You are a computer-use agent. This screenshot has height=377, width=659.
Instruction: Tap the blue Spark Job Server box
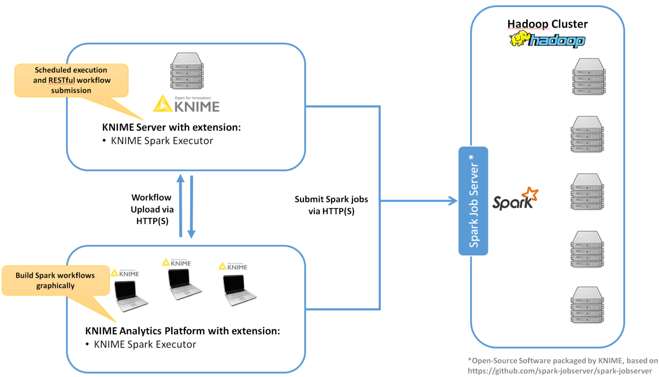pyautogui.click(x=474, y=201)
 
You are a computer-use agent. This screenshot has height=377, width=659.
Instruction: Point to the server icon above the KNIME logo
pyautogui.click(x=186, y=71)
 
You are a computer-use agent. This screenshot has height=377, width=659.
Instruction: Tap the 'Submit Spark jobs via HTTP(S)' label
pyautogui.click(x=331, y=205)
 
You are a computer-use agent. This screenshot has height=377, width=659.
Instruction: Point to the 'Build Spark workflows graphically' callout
pyautogui.click(x=55, y=280)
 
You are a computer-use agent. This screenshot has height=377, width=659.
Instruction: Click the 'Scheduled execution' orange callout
pyautogui.click(x=71, y=80)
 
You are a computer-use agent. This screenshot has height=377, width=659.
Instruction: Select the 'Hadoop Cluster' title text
pyautogui.click(x=547, y=24)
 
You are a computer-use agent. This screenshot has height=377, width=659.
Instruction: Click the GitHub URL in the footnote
pyautogui.click(x=560, y=370)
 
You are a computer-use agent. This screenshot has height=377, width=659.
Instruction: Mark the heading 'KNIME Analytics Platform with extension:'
pyautogui.click(x=183, y=331)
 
